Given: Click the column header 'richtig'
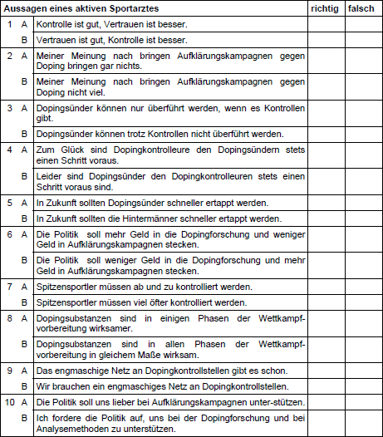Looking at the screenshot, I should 324,7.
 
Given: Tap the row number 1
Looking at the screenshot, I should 9,24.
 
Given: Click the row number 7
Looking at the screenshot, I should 9,287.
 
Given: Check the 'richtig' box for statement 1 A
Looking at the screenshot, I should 325,24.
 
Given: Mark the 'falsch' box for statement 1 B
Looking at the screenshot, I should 362,39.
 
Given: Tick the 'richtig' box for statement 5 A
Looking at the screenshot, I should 325,203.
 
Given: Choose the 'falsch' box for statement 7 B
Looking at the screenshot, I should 362,302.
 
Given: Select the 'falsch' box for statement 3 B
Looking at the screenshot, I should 362,134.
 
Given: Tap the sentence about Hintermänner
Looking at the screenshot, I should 152,218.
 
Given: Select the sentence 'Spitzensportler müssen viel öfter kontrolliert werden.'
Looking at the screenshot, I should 141,302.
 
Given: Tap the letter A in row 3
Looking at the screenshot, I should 24,108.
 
